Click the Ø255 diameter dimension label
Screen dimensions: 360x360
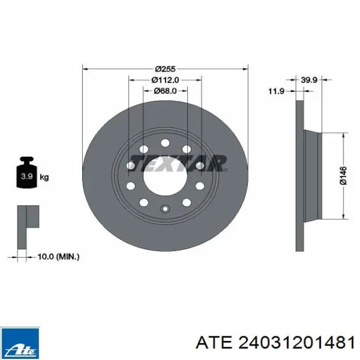pyautogui.click(x=165, y=68)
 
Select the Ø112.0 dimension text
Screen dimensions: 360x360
pyautogui.click(x=165, y=80)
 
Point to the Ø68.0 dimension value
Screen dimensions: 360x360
pyautogui.click(x=165, y=91)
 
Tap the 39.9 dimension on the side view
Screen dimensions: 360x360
pyautogui.click(x=309, y=80)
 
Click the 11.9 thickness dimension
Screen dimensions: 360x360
pyautogui.click(x=277, y=92)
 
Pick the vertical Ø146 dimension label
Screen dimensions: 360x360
pyautogui.click(x=343, y=176)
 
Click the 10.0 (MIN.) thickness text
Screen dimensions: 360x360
pyautogui.click(x=58, y=257)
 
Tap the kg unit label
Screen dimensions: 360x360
pyautogui.click(x=44, y=177)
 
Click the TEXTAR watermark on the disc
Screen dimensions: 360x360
pyautogui.click(x=178, y=163)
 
